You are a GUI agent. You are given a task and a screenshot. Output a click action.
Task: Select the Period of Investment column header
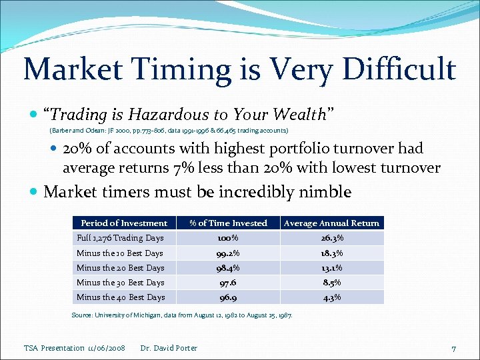124,223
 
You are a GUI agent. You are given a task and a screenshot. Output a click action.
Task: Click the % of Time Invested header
228,223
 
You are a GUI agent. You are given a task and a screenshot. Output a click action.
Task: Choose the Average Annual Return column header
331,223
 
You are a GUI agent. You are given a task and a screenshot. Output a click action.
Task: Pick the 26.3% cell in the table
331,238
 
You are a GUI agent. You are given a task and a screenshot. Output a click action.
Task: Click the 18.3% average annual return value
331,253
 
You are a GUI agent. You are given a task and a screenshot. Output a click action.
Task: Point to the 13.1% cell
331,268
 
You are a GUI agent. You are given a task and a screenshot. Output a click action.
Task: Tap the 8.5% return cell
331,283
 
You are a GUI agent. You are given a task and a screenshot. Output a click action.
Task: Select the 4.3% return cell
331,297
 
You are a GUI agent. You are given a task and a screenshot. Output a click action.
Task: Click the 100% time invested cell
228,238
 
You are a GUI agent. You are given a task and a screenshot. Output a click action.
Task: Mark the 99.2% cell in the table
228,253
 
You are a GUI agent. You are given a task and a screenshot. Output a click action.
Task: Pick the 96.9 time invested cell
228,297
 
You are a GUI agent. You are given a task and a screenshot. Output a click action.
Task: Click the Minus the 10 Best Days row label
120,253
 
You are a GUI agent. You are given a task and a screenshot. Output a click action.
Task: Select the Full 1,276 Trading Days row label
120,238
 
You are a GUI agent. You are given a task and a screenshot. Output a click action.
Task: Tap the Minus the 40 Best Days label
121,297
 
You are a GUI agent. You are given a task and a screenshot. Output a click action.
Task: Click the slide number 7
453,349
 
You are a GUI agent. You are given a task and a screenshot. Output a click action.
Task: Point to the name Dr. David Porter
169,348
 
